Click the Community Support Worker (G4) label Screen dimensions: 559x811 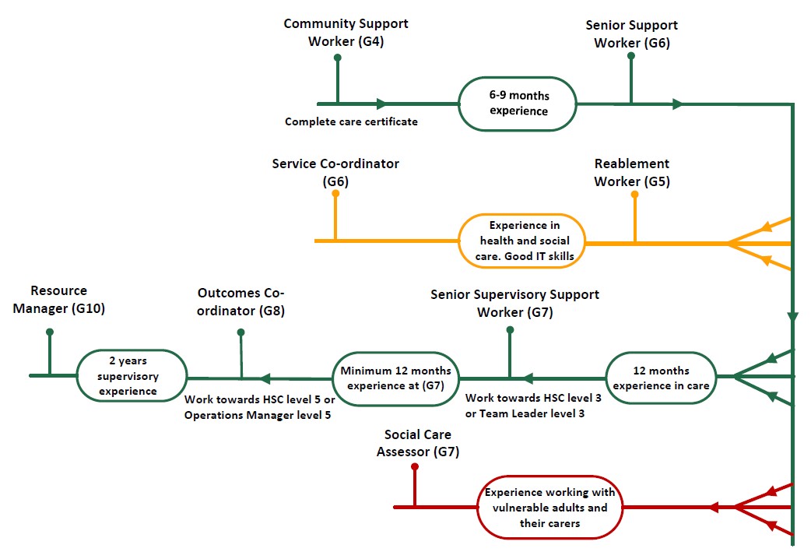click(x=346, y=33)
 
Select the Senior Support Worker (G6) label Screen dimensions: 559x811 click(x=631, y=34)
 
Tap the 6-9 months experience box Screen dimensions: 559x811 click(x=518, y=104)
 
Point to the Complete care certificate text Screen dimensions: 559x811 click(x=351, y=121)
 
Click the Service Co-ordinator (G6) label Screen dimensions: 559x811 click(x=335, y=173)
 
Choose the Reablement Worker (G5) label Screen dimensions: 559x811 click(x=631, y=173)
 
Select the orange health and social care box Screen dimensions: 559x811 click(x=521, y=241)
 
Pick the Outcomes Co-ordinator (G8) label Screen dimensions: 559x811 click(x=240, y=301)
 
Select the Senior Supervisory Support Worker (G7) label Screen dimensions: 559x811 click(x=514, y=304)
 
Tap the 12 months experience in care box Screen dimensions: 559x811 click(x=660, y=378)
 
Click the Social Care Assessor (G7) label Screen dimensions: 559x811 click(x=417, y=443)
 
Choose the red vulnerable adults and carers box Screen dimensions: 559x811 click(x=549, y=508)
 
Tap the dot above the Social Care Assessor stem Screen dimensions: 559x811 click(x=415, y=467)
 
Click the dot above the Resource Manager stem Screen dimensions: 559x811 click(x=50, y=332)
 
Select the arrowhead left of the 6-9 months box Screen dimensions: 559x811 click(x=381, y=104)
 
